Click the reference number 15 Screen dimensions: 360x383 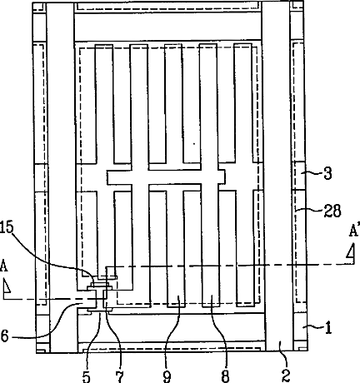tap(7, 227)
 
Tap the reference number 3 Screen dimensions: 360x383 tap(327, 174)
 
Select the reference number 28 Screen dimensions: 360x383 tap(332, 211)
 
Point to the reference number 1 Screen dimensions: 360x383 tap(328, 328)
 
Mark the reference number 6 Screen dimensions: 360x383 tap(5, 336)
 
